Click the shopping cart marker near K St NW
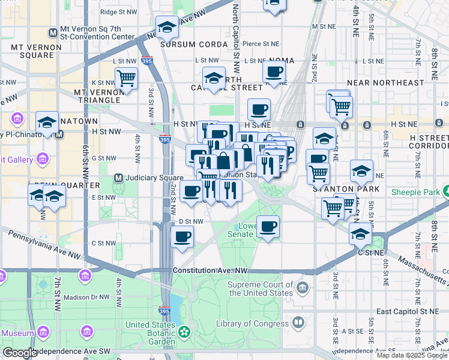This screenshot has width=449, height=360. pos(127,78)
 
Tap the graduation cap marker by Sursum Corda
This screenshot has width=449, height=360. pos(167,26)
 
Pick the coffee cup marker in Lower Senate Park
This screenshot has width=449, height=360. pos(268,226)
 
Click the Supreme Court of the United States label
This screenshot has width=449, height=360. pos(261,289)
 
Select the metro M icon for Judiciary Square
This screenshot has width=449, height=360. pos(119,178)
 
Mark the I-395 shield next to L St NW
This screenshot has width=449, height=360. pos(148,60)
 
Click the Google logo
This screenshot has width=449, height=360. pos(20,353)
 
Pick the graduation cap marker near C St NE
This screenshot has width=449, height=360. pos(360,233)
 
